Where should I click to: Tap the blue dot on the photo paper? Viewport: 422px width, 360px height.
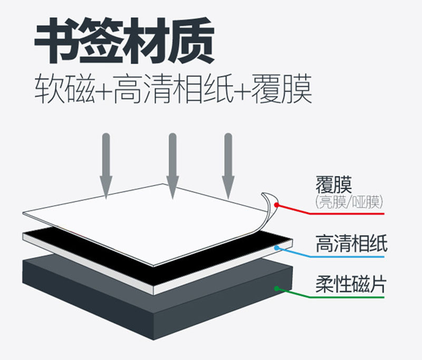(276, 246)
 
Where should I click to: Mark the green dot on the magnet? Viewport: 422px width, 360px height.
(276, 288)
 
